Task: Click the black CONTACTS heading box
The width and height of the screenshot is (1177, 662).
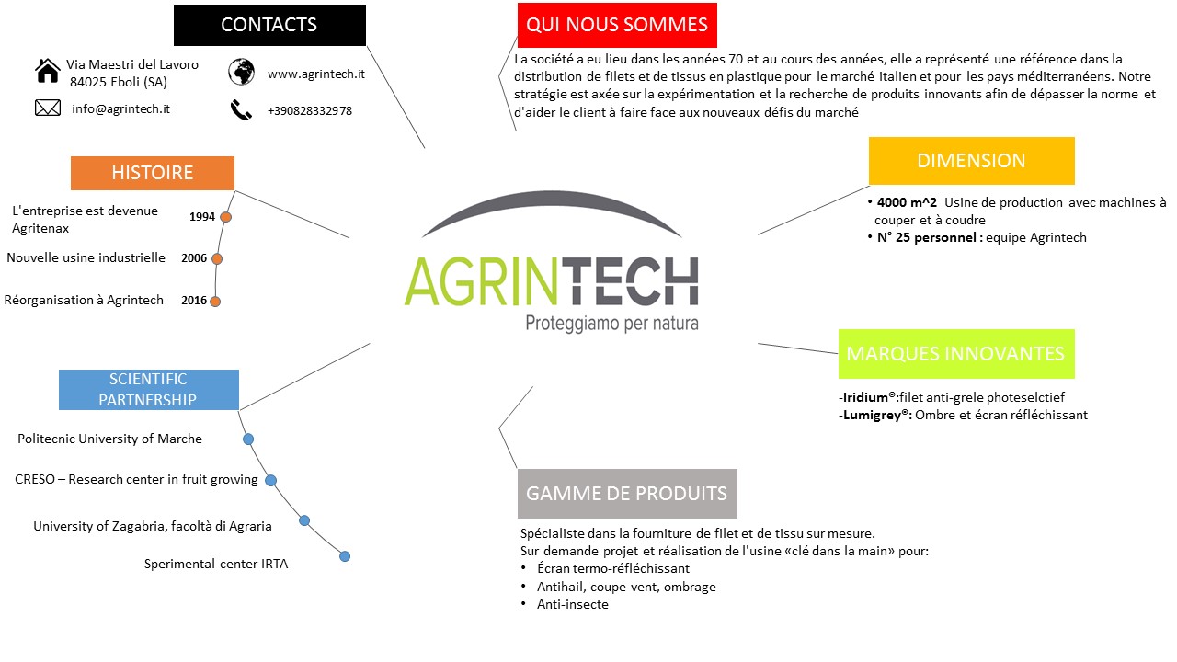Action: (x=269, y=25)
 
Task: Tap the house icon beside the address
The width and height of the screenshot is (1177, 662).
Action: (x=47, y=71)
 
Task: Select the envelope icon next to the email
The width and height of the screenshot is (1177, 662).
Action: (x=48, y=108)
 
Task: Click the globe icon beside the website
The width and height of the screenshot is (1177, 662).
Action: (x=241, y=72)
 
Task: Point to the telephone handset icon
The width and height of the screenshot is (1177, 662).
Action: (x=241, y=109)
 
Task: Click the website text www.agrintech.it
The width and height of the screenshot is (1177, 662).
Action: (x=315, y=74)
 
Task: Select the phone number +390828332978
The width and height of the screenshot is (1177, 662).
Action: (x=310, y=111)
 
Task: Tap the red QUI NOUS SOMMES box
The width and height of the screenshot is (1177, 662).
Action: (x=617, y=25)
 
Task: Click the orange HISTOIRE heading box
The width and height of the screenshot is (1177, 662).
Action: (x=153, y=173)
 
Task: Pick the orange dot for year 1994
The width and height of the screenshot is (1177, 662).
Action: (x=225, y=217)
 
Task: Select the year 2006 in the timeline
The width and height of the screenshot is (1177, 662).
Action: (x=194, y=258)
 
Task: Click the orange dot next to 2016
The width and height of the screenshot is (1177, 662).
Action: (x=215, y=302)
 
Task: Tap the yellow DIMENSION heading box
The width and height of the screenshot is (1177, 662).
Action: (x=972, y=161)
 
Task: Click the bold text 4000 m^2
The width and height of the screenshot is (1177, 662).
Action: (x=907, y=202)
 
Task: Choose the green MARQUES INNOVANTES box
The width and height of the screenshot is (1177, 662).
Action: (x=956, y=354)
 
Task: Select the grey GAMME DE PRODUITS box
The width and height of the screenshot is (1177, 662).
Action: (x=627, y=494)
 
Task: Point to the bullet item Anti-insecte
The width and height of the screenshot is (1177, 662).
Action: (x=573, y=604)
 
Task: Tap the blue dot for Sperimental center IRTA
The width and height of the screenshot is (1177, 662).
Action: (x=345, y=556)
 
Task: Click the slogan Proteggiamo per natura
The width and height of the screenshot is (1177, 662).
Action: (x=612, y=323)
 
